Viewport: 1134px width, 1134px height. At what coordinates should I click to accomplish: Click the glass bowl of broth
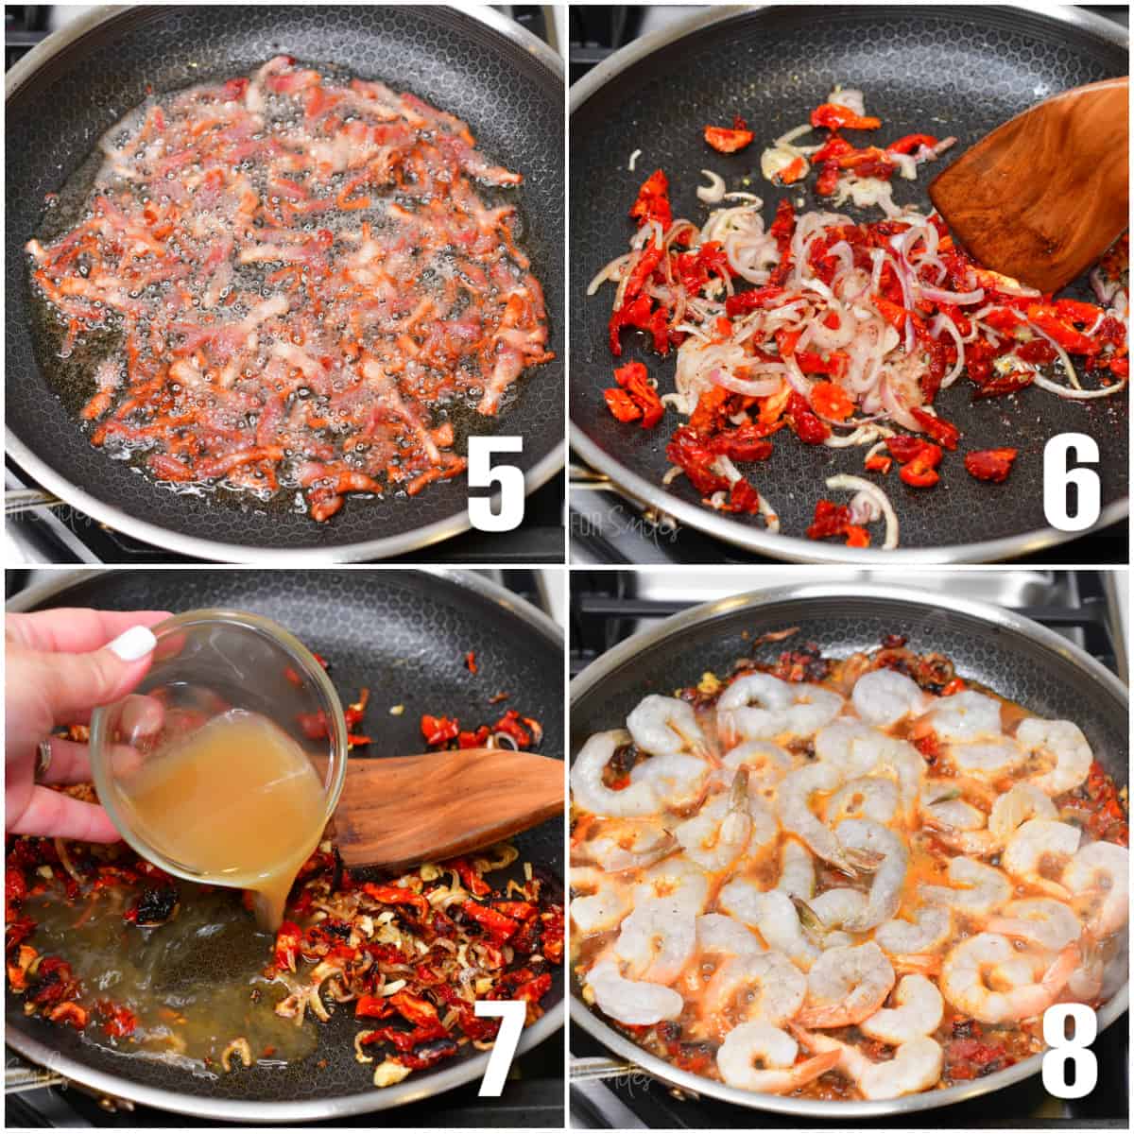pos(222,756)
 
